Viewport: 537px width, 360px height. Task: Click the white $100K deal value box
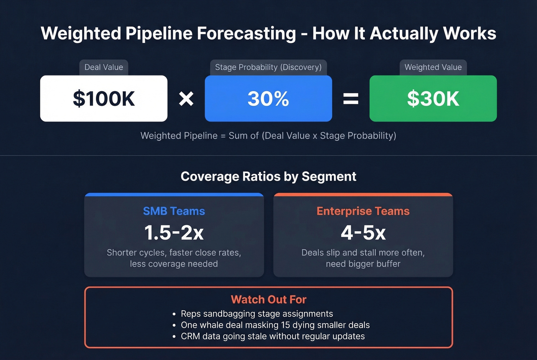104,99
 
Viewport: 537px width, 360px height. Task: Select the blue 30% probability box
268,99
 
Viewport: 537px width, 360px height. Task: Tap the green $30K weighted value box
433,99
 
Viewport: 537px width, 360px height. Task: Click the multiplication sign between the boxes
186,99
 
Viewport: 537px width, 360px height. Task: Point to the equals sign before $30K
351,99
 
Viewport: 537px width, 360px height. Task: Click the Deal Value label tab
104,67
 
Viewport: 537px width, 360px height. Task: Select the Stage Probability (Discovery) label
268,67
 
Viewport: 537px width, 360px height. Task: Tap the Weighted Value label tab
433,67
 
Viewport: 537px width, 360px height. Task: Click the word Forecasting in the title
246,33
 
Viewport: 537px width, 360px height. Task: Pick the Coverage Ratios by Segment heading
268,176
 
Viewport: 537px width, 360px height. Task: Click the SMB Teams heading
174,211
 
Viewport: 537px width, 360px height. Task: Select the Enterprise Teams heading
363,211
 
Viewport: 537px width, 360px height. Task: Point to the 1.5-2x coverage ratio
174,233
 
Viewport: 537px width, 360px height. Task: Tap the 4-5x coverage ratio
363,233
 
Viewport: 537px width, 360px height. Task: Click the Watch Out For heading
268,299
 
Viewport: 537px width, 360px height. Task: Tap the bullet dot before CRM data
174,337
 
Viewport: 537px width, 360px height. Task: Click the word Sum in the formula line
238,136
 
